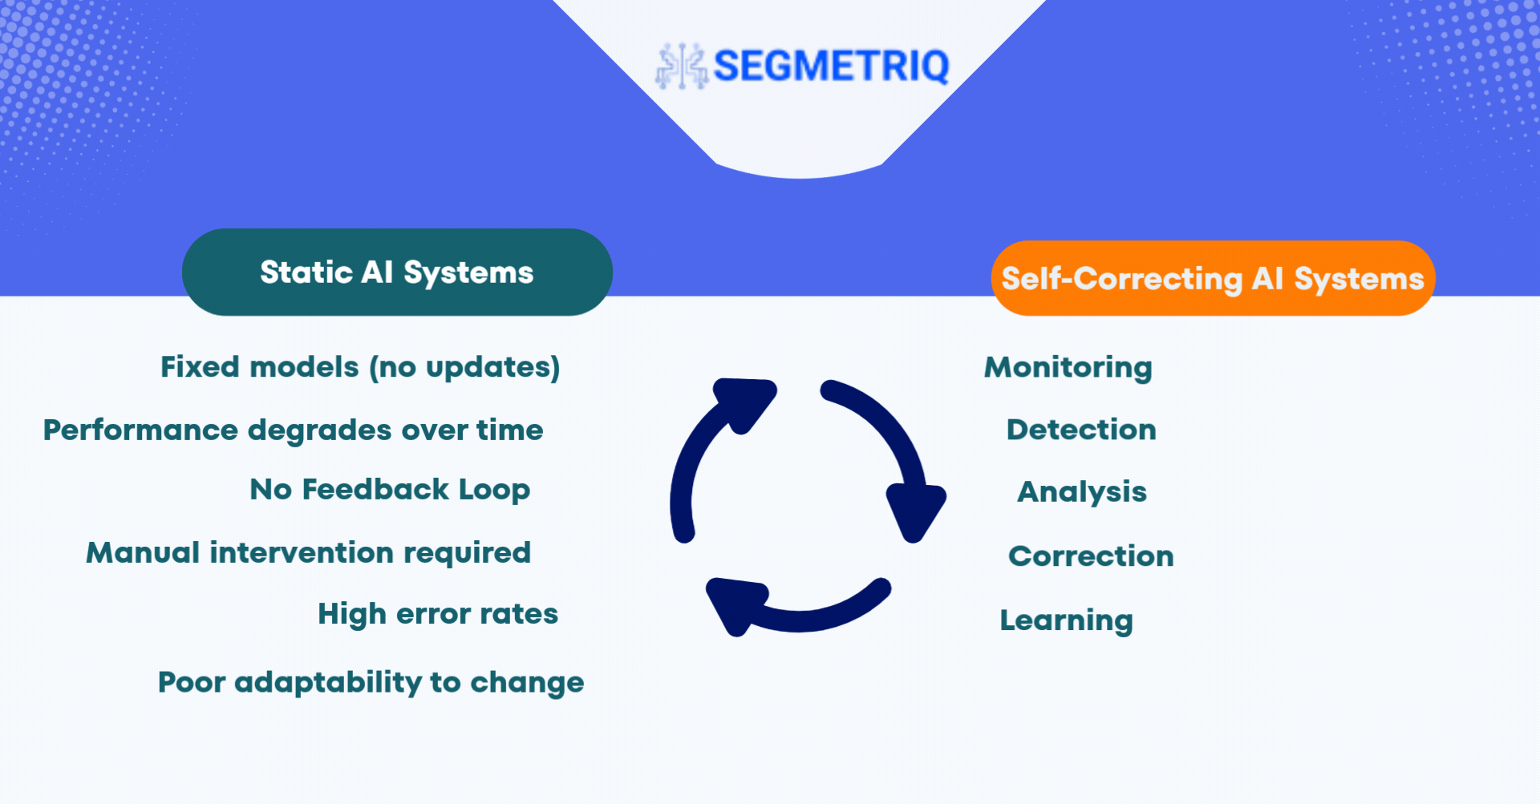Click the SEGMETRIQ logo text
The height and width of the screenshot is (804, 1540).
pos(831,66)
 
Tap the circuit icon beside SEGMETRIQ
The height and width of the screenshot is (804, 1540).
pos(682,66)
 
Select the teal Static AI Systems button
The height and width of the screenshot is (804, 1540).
pos(397,272)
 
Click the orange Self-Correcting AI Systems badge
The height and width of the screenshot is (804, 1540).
pos(1213,278)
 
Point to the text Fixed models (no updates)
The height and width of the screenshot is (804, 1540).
pos(360,367)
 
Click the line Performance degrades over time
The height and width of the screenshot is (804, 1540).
pos(294,430)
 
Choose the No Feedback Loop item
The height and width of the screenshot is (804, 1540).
pos(390,489)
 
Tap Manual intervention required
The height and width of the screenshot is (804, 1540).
pos(309,552)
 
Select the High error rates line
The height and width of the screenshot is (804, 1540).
pos(438,614)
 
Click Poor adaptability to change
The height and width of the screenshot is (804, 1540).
pos(371,683)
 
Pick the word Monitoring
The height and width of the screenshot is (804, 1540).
pos(1068,368)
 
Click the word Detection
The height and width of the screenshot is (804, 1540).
pos(1081,430)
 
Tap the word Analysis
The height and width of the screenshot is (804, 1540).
pos(1082,492)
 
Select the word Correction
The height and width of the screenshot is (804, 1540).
pos(1091,556)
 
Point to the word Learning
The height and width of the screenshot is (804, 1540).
pos(1066,620)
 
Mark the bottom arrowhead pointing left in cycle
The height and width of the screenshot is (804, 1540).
pos(735,605)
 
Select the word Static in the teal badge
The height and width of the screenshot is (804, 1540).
pos(306,273)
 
